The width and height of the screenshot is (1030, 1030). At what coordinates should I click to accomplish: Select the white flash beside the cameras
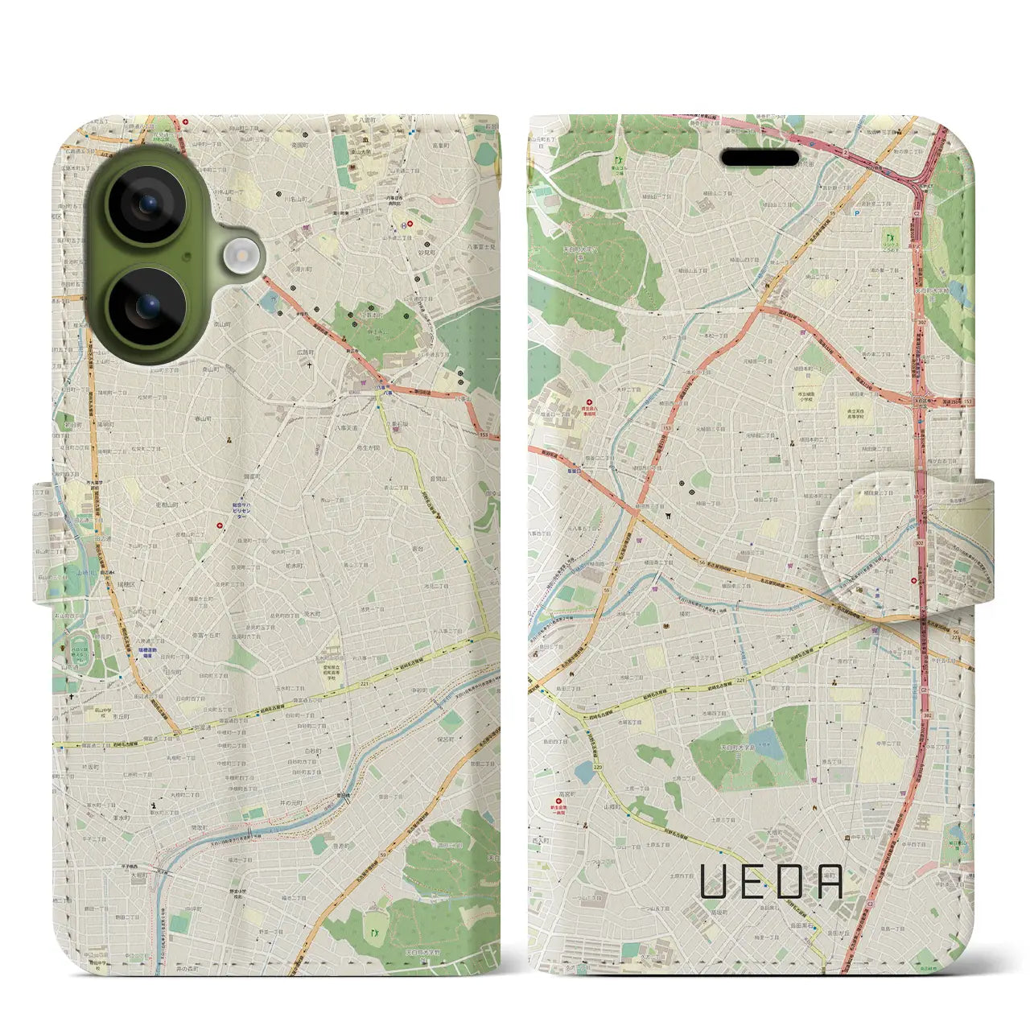tap(240, 257)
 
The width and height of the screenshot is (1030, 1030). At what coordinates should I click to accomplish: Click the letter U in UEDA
tap(714, 881)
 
